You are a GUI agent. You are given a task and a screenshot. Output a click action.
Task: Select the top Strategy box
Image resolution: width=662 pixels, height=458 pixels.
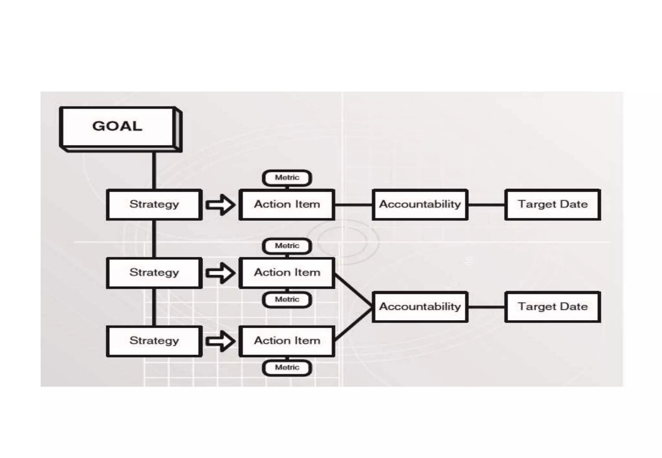pyautogui.click(x=154, y=204)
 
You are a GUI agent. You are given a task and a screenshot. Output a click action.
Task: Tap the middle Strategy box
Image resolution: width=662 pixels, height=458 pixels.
pyautogui.click(x=154, y=273)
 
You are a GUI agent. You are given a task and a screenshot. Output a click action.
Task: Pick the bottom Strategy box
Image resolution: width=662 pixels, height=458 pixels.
pyautogui.click(x=154, y=341)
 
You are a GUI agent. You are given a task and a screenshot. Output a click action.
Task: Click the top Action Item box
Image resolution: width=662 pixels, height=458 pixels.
pyautogui.click(x=287, y=204)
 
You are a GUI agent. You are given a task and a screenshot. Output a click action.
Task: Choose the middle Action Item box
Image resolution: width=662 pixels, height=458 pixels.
pyautogui.click(x=287, y=273)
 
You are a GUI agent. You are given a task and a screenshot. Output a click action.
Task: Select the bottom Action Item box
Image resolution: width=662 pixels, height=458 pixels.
pyautogui.click(x=287, y=341)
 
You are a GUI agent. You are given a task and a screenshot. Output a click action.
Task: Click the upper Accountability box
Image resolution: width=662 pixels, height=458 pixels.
pyautogui.click(x=420, y=204)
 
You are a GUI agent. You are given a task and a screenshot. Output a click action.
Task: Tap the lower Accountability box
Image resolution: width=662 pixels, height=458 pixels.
pyautogui.click(x=420, y=307)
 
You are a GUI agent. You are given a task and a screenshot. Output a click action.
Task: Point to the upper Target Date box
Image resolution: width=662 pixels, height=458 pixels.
pyautogui.click(x=553, y=204)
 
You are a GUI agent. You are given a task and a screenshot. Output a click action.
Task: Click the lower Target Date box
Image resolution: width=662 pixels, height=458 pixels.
pyautogui.click(x=553, y=307)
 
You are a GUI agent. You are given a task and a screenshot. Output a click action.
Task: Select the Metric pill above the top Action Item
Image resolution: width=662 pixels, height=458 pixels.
pyautogui.click(x=287, y=178)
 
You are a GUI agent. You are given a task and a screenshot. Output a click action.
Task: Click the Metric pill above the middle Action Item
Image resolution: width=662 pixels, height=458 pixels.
pyautogui.click(x=287, y=246)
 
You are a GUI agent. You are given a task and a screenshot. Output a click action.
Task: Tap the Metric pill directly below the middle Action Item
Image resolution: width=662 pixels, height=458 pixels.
pyautogui.click(x=287, y=299)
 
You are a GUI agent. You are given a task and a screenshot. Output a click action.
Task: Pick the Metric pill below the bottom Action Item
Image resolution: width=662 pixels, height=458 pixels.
pyautogui.click(x=287, y=368)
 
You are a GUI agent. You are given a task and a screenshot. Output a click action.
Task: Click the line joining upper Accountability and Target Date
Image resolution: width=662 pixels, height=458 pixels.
pyautogui.click(x=486, y=205)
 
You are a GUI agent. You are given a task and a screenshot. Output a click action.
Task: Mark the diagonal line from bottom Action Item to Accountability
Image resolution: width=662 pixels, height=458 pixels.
pyautogui.click(x=353, y=324)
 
